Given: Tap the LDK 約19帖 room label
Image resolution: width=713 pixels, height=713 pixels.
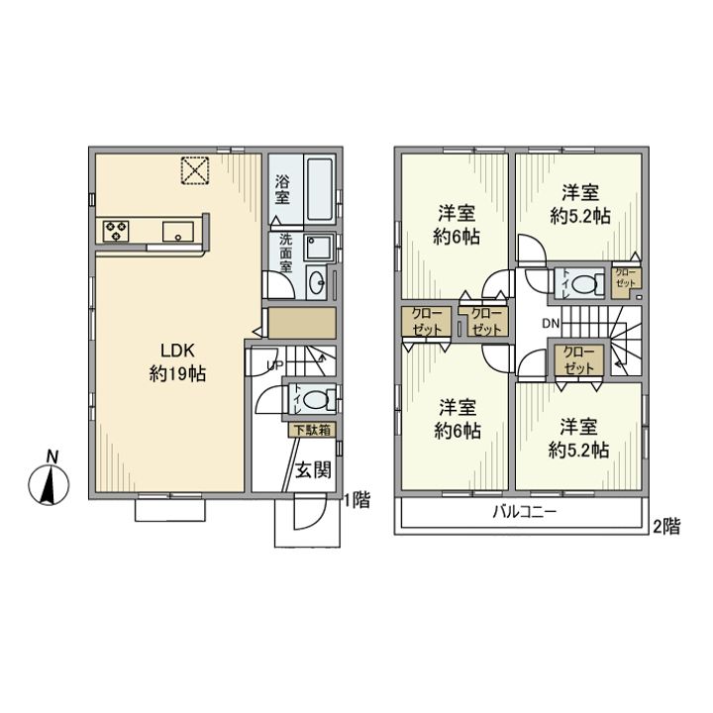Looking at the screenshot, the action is click(178, 362).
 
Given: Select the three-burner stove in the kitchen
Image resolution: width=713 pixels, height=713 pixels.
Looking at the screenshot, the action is click(116, 231).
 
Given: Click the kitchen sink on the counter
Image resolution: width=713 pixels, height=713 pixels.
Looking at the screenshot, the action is click(178, 232).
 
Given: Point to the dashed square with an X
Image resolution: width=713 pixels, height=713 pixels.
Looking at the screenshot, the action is click(195, 170).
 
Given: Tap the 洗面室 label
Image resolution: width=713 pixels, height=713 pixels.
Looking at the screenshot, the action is click(285, 253).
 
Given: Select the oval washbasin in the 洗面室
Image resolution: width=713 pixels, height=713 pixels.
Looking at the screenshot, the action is click(317, 284).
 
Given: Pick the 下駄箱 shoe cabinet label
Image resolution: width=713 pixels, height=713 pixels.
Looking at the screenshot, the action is click(312, 430).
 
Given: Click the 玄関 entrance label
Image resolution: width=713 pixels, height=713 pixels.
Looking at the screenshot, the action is click(313, 469).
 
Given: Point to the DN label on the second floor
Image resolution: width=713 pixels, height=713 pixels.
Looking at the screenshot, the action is click(551, 323).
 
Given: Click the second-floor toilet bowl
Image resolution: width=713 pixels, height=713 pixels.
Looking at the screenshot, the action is click(583, 285).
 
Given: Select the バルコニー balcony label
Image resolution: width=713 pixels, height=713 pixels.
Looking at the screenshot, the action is click(525, 513).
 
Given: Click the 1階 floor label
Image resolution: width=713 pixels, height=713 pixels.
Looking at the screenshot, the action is click(356, 500).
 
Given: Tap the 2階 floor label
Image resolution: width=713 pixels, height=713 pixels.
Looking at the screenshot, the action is click(666, 527).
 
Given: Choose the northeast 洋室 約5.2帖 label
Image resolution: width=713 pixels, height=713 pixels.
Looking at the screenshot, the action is click(579, 204).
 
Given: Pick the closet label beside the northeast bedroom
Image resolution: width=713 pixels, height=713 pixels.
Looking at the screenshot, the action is click(625, 277).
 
